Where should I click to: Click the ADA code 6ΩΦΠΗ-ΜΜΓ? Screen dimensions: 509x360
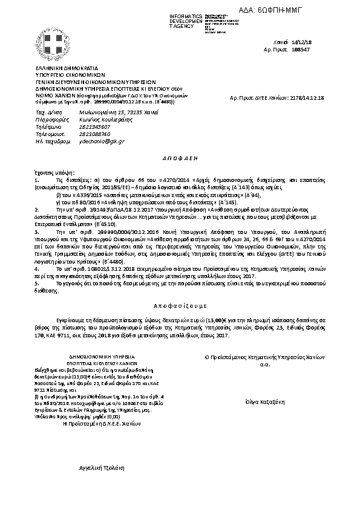(x=312, y=10)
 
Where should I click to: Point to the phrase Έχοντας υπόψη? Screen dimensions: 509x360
(x=51, y=172)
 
